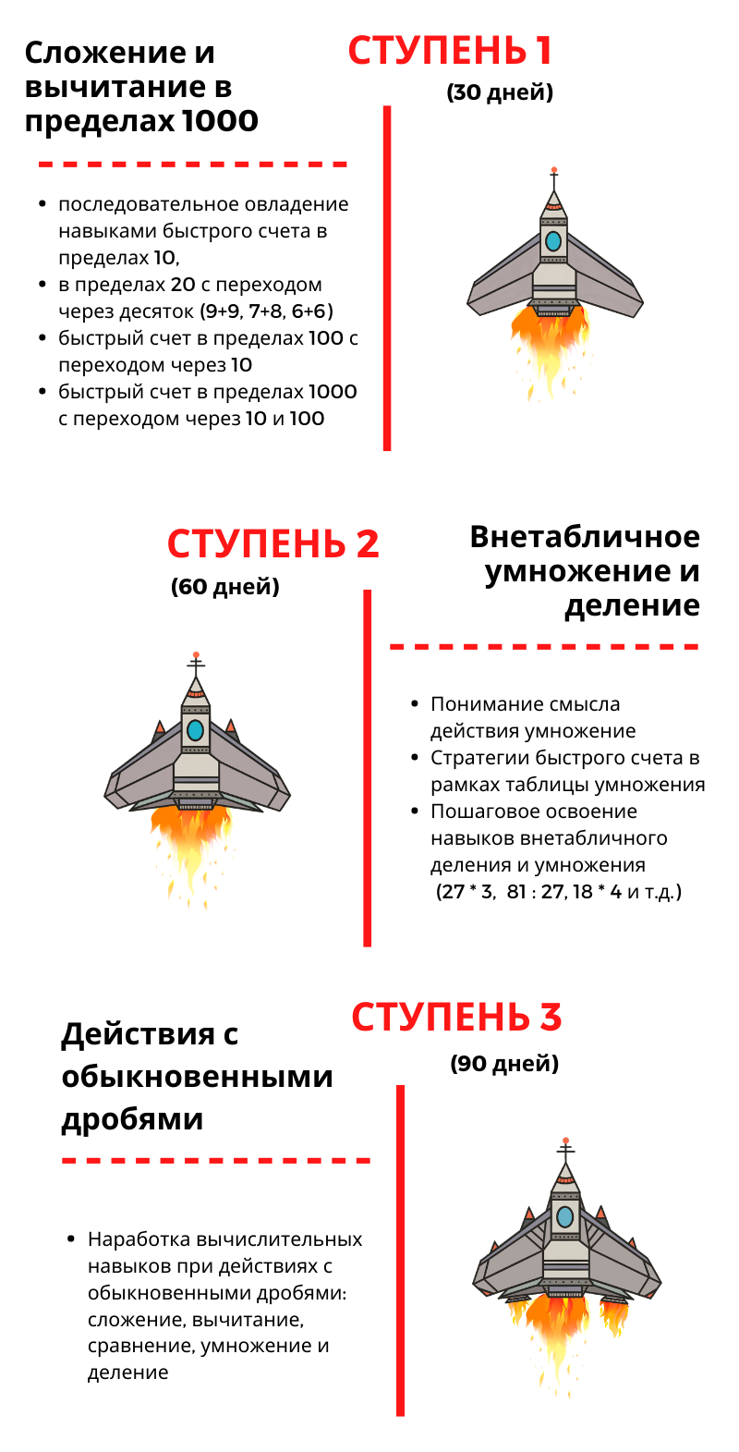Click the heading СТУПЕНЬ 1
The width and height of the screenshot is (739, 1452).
click(450, 51)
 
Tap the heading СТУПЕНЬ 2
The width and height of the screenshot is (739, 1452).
click(273, 543)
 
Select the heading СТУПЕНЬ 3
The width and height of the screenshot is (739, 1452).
click(456, 1017)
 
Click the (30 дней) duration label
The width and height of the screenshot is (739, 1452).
click(500, 92)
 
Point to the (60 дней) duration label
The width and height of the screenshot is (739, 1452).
click(225, 587)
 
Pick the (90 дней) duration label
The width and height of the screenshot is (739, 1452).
click(504, 1064)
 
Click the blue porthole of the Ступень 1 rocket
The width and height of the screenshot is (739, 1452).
click(553, 241)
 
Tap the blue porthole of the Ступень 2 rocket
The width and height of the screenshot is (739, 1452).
click(196, 730)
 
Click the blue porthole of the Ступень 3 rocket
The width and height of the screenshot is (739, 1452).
click(565, 1217)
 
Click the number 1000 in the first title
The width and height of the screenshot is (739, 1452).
click(220, 121)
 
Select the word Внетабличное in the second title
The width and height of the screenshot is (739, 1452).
click(585, 537)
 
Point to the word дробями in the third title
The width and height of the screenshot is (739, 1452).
click(132, 1120)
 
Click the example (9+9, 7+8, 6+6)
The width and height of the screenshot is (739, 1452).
click(267, 311)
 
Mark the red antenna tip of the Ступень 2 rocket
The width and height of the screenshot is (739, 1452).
click(196, 655)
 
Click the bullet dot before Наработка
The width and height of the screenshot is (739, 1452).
click(71, 1239)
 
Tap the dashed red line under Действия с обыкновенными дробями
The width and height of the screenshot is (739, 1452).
click(216, 1161)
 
